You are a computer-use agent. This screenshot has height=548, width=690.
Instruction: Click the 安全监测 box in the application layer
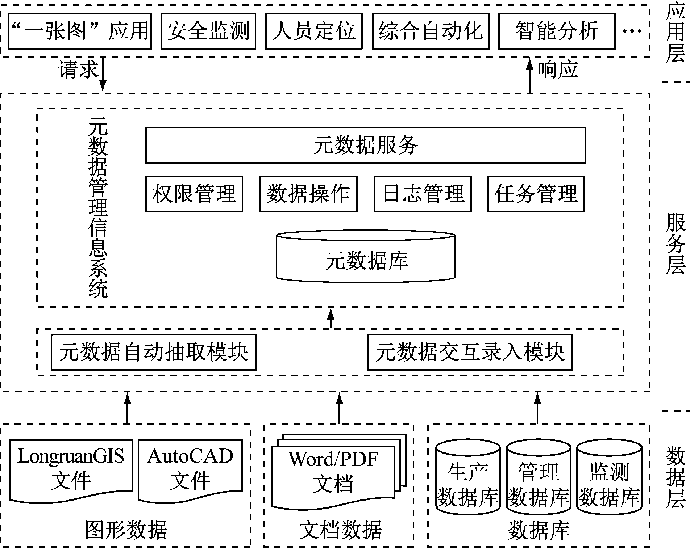[x=208, y=31]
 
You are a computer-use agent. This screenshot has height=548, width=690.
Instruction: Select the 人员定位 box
[x=313, y=31]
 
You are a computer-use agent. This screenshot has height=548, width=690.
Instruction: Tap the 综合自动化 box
[x=430, y=31]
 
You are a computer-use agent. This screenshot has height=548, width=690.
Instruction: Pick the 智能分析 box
[x=556, y=31]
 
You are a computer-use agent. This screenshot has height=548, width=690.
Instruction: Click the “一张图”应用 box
[x=79, y=31]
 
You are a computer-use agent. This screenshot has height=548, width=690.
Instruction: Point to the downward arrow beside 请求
[x=103, y=74]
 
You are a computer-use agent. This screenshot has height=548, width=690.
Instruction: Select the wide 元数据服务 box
[x=365, y=145]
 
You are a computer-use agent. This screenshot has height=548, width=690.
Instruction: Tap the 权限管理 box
[x=194, y=194]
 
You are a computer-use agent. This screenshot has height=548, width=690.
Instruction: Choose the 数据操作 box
[x=308, y=194]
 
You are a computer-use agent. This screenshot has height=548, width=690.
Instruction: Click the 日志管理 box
[x=423, y=194]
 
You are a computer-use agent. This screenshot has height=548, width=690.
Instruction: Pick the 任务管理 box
[x=536, y=194]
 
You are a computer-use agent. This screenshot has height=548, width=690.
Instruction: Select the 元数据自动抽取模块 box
[x=153, y=352]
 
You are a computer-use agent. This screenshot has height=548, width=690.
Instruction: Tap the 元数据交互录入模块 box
[x=470, y=352]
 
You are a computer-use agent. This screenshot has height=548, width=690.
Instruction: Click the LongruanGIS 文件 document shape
[x=71, y=469]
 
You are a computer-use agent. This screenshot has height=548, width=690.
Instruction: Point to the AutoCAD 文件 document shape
[x=190, y=469]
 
